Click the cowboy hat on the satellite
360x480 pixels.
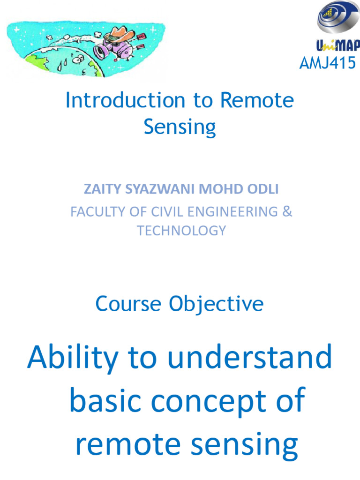coord(120,34)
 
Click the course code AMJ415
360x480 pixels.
coord(328,63)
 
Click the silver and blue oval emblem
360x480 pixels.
coord(337,17)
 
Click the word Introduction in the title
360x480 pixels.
coord(125,100)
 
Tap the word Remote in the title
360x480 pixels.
coord(257,100)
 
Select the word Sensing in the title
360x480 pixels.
coord(180,127)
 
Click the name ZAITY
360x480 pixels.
coord(102,189)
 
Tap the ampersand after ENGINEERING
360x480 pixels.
coord(287,211)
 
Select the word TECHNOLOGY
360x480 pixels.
coord(181,231)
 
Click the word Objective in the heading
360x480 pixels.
coord(216,304)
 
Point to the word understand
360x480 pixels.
coord(250,356)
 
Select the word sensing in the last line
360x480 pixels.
coord(244,446)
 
